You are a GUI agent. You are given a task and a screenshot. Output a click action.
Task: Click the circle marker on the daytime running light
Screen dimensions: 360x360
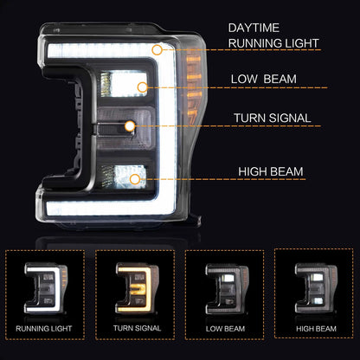[157, 50]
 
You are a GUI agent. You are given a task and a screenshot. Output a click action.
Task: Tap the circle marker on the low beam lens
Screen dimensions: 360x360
[142, 87]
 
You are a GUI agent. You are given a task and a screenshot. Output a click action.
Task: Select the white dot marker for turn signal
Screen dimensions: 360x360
[130, 126]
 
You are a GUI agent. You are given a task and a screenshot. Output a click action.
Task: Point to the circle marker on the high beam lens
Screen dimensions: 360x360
[135, 179]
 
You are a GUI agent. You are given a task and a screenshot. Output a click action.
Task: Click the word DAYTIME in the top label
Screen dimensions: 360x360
[254, 28]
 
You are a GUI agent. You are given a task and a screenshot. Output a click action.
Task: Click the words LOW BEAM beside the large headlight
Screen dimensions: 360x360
[264, 79]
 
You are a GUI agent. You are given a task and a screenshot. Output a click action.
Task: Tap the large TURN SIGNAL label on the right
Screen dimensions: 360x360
[273, 118]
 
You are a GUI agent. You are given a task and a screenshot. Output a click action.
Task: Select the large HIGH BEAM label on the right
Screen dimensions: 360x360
[271, 171]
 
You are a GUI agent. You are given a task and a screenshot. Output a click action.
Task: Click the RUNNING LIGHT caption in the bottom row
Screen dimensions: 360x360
[44, 329]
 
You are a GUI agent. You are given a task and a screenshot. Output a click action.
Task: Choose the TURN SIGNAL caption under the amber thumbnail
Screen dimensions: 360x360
[137, 328]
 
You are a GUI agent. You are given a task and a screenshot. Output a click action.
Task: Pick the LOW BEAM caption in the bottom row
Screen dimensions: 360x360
[225, 329]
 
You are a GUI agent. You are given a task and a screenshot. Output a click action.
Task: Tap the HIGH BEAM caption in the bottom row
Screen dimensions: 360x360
[316, 329]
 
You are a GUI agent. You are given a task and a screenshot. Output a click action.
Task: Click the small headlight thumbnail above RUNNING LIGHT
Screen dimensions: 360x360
[46, 288]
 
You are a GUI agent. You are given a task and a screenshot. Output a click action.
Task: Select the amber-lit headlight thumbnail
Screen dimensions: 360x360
[137, 288]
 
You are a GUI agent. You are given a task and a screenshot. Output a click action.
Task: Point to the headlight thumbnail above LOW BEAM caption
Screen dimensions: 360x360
[227, 288]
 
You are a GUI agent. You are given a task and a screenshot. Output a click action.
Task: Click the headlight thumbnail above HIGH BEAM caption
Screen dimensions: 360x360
[316, 288]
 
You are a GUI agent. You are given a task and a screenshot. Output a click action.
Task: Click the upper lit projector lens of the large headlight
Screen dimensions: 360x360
[125, 84]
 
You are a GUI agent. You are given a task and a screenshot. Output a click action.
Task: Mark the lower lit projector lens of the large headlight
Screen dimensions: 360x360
[125, 177]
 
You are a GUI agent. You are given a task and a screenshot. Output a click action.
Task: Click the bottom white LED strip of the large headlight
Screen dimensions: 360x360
[106, 208]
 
